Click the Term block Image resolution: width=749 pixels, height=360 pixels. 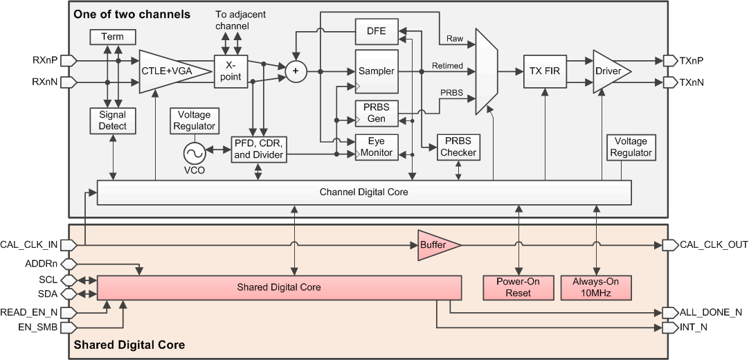[x=113, y=37]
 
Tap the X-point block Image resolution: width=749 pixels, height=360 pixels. [x=230, y=71]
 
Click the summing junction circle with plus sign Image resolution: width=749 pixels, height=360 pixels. [x=296, y=71]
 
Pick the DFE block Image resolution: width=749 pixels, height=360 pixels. [x=377, y=31]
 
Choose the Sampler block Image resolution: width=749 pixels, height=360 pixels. [x=377, y=71]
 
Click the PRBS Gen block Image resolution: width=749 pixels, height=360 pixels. [x=377, y=114]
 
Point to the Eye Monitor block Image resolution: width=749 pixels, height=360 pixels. [x=377, y=147]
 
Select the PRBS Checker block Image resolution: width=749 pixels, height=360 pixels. [x=458, y=147]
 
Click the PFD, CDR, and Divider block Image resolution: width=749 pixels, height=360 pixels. [x=258, y=149]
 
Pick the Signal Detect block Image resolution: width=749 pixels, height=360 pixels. [x=113, y=120]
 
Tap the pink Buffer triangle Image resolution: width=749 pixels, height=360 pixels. [x=436, y=245]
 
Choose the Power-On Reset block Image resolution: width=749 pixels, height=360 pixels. [x=518, y=287]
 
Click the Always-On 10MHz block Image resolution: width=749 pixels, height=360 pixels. [x=595, y=287]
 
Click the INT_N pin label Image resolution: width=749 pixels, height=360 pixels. [x=694, y=327]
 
